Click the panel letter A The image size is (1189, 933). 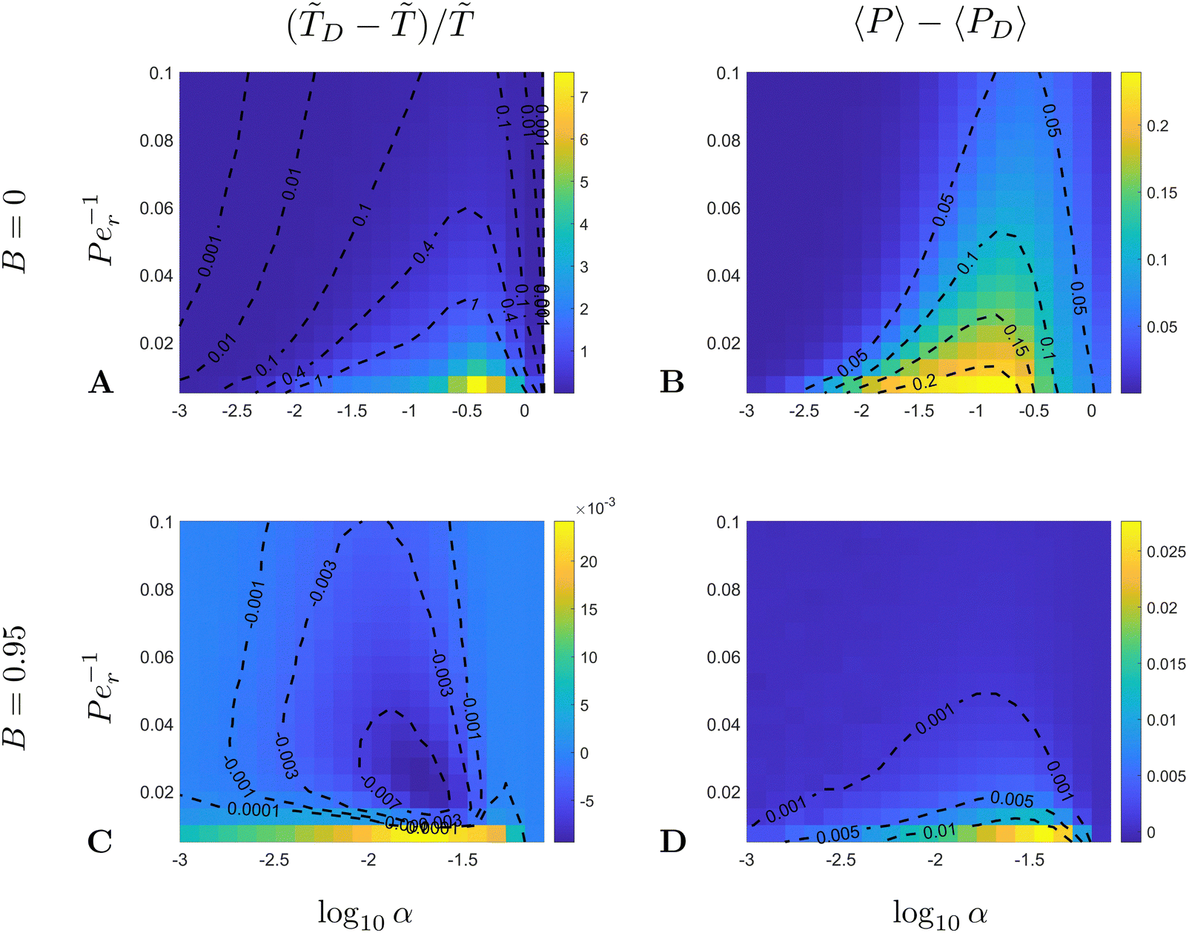point(100,382)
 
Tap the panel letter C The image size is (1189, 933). point(100,842)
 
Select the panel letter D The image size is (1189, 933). point(672,842)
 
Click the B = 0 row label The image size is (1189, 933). point(17,232)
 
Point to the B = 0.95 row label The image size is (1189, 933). point(17,686)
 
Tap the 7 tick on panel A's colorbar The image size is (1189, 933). point(584,97)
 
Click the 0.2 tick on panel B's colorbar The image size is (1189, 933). point(1157,126)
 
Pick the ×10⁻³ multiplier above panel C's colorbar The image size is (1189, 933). point(595,508)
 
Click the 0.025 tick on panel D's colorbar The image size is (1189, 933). point(1165,552)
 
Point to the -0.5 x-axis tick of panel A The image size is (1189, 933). point(467,411)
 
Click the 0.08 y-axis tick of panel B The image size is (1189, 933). point(723,141)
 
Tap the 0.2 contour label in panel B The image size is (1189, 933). point(924,382)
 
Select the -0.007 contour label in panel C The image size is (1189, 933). point(381,792)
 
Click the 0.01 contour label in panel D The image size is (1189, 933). point(939,831)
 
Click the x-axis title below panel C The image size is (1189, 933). point(365,913)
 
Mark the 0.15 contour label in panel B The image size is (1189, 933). point(1015,339)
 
